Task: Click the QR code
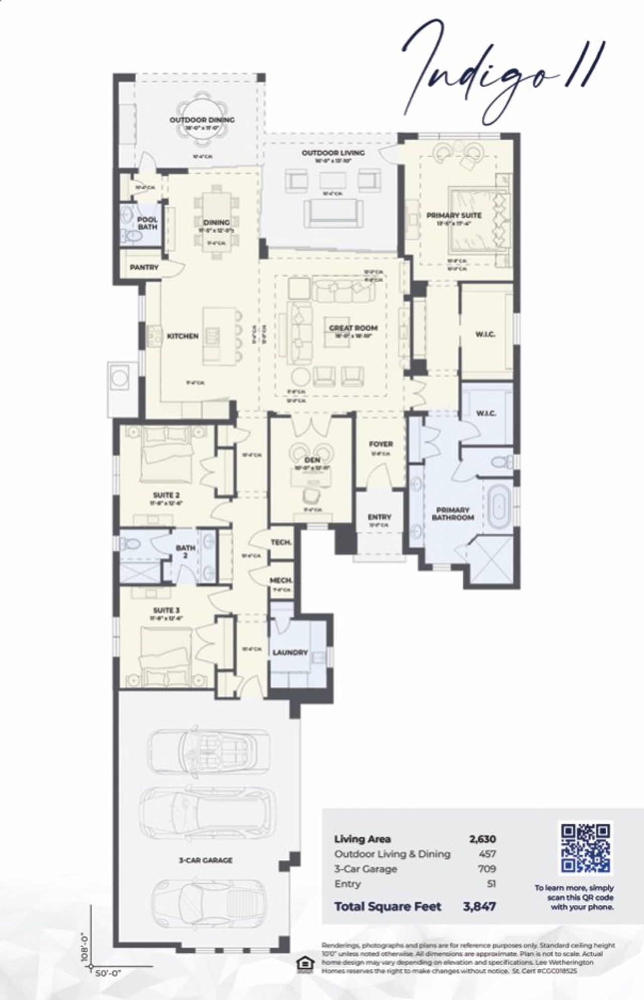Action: (586, 848)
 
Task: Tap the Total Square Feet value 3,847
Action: (479, 906)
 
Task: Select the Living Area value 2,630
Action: (482, 839)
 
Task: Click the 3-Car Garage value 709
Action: (487, 869)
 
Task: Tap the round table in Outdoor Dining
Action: (202, 119)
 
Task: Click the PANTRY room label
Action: (144, 267)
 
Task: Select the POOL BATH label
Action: (147, 223)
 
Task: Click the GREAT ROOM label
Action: (353, 328)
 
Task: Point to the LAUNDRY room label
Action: (290, 652)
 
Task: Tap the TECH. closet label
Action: (281, 542)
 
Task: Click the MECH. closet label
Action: (281, 581)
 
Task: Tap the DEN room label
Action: (312, 460)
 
